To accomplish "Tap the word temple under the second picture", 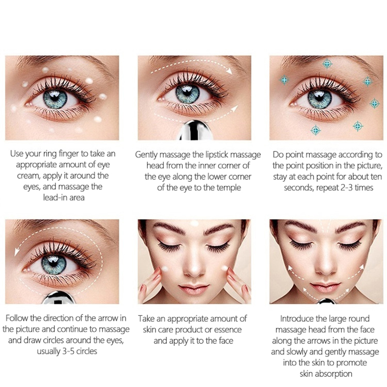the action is point(228,188).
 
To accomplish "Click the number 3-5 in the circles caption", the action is point(68,351).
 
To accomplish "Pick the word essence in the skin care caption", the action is point(228,330).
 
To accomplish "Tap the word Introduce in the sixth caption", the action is point(297,319).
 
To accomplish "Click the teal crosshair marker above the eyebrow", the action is point(327,64).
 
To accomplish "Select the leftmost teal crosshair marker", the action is point(284,80).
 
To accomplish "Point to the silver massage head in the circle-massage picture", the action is point(58,298).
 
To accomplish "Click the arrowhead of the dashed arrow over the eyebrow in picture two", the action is point(229,71).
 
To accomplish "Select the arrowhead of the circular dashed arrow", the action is point(17,252).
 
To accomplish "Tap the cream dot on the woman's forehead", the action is point(194,223).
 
